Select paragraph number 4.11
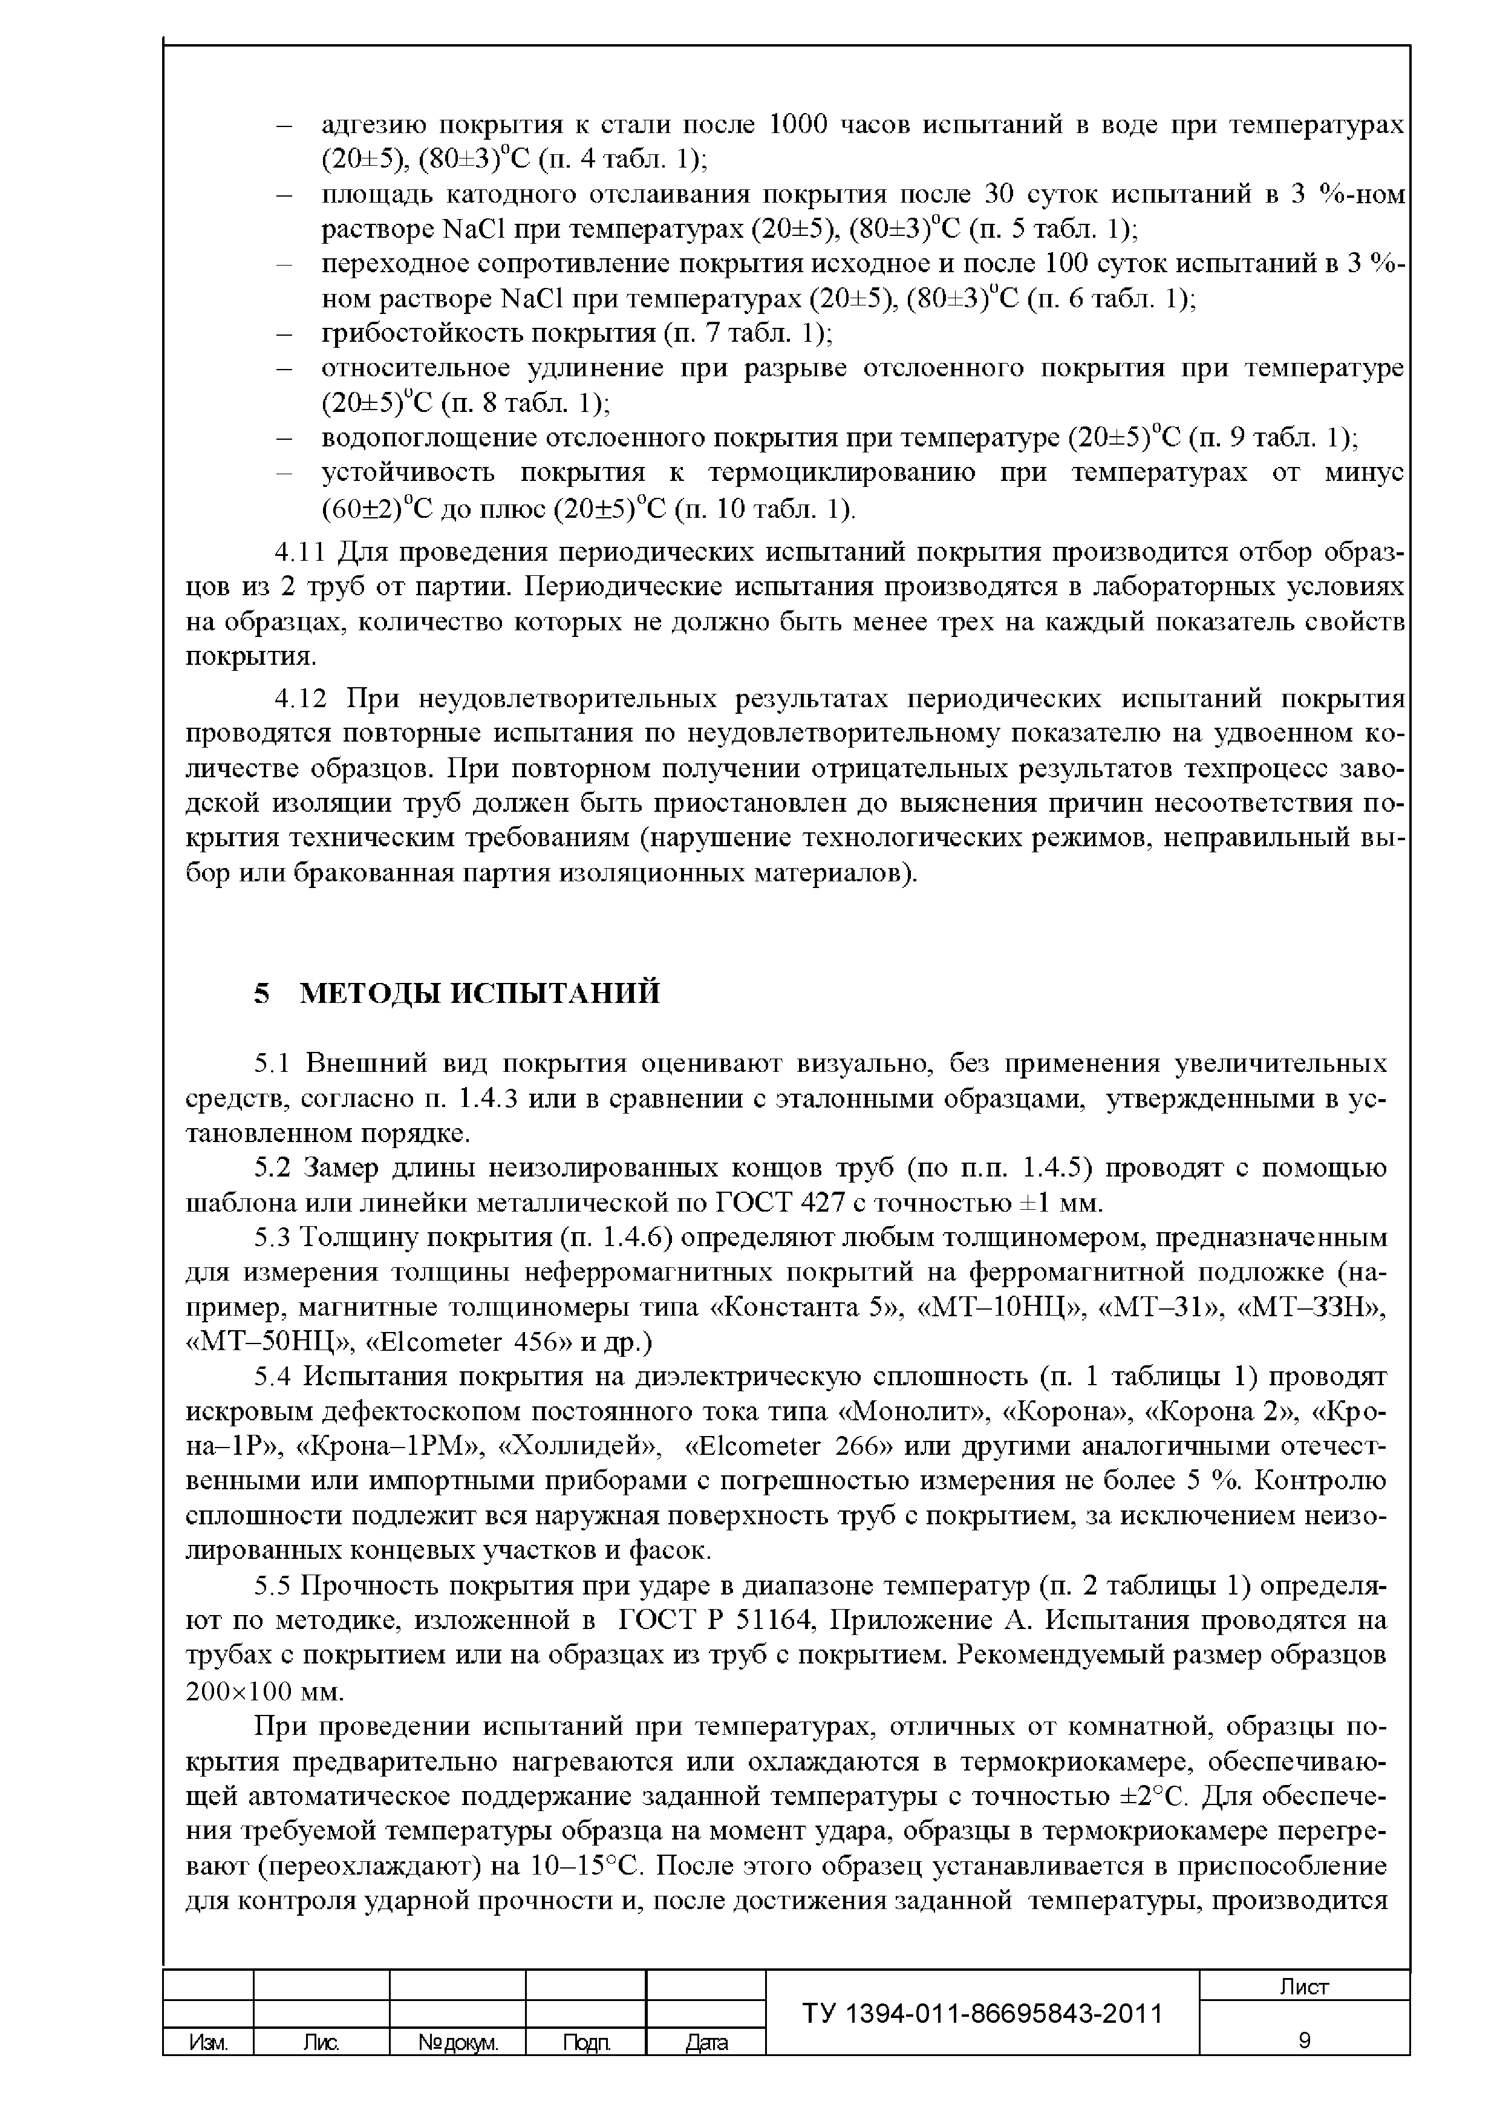299,553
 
